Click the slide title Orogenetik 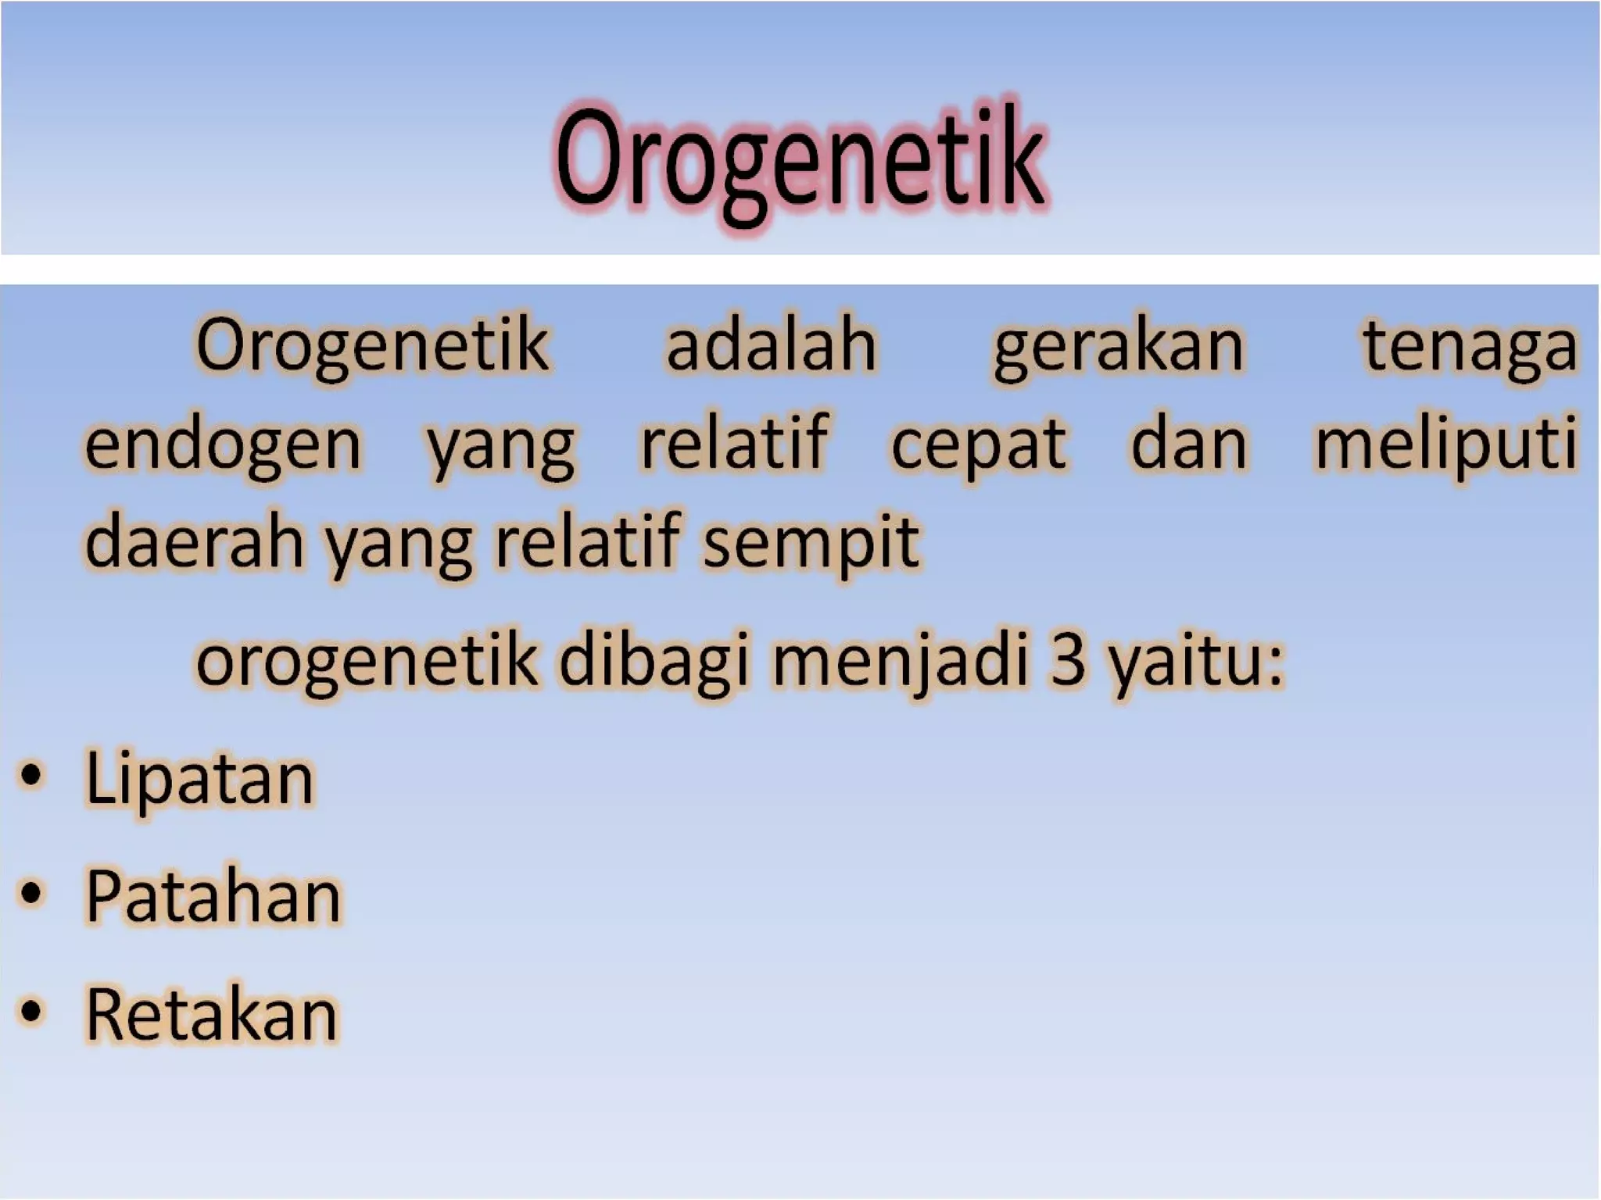(x=799, y=160)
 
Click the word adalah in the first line (x=771, y=346)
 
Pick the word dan (x=1188, y=445)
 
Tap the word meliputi (x=1446, y=445)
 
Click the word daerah (x=194, y=542)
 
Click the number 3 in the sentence (x=1068, y=661)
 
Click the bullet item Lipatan (x=199, y=778)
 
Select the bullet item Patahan (x=213, y=896)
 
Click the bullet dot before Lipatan (x=30, y=777)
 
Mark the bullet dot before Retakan (x=30, y=1011)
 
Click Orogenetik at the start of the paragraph (x=372, y=346)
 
